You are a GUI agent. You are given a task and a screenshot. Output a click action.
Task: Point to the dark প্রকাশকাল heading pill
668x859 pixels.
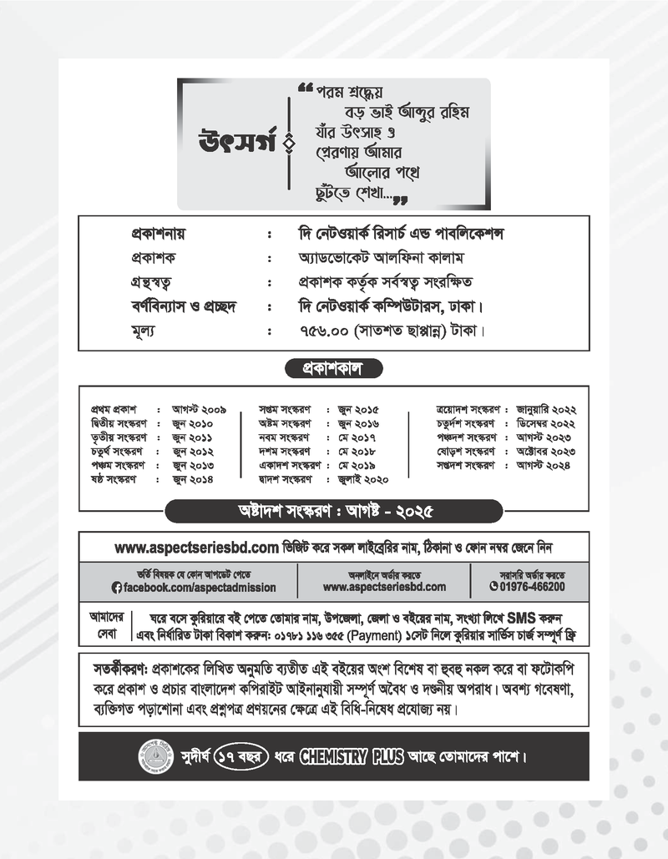point(333,368)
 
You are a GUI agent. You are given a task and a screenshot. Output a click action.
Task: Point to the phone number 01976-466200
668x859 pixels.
point(532,587)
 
